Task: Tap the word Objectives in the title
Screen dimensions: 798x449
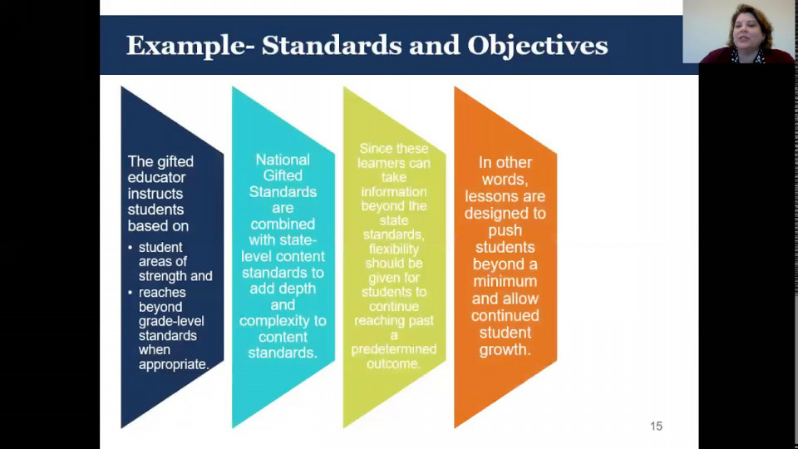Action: click(538, 47)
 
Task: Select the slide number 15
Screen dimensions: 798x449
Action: click(656, 426)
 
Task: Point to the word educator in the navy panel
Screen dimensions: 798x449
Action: click(157, 177)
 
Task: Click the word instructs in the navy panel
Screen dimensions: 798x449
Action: click(155, 194)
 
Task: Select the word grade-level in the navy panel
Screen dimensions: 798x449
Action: click(171, 321)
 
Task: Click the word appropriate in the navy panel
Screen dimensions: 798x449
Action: click(174, 364)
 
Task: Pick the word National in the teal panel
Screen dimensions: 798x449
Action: click(283, 160)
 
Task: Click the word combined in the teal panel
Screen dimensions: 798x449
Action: click(283, 224)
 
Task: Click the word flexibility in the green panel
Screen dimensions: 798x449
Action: click(394, 249)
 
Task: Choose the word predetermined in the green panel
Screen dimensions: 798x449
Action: click(394, 349)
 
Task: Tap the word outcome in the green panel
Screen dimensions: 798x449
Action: click(393, 363)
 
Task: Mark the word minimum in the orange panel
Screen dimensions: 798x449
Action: click(505, 281)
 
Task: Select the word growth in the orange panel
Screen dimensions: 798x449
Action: click(505, 350)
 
